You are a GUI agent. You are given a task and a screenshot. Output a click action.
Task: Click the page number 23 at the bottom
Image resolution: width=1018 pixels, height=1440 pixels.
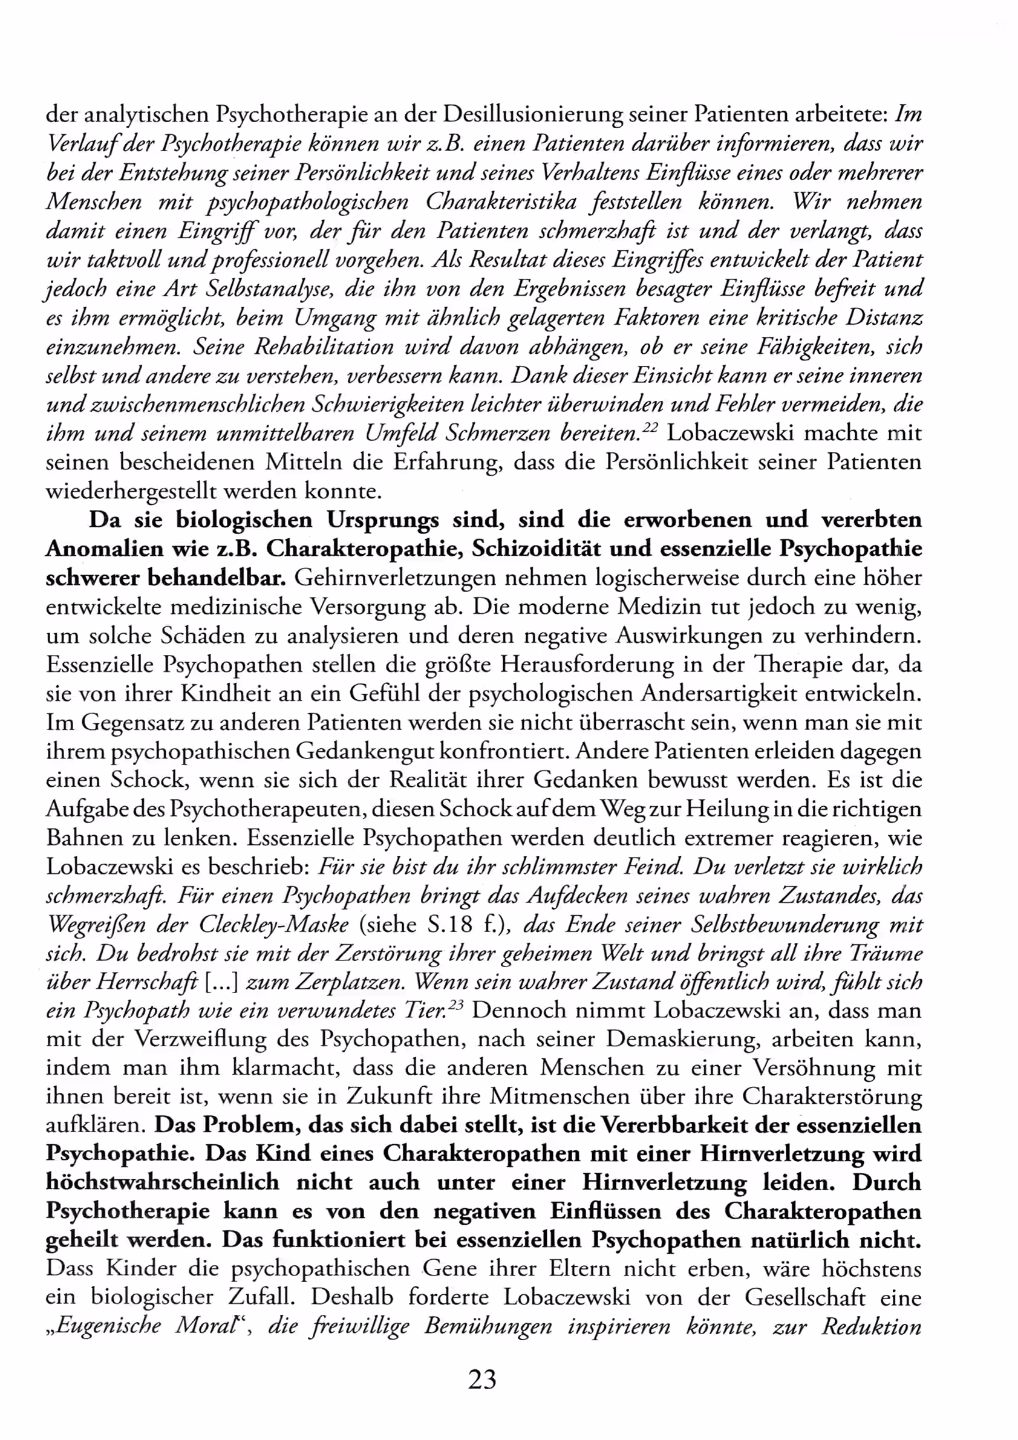tap(481, 1379)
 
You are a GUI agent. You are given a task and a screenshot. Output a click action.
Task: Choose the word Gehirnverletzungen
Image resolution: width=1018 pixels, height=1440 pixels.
tap(395, 578)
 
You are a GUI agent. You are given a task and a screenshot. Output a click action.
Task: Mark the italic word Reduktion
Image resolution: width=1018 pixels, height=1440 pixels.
tap(872, 1326)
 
